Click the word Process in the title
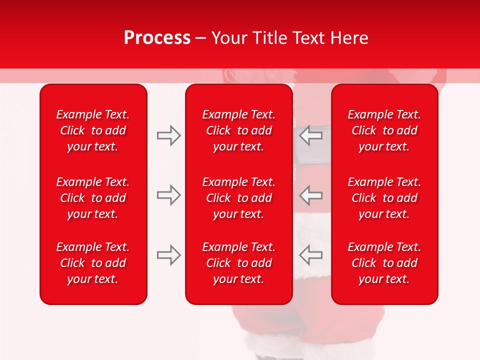(x=157, y=38)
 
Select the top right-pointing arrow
(x=168, y=135)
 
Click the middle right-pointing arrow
(x=168, y=195)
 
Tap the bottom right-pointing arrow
(x=168, y=255)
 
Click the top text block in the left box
(x=93, y=130)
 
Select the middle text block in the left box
(x=93, y=198)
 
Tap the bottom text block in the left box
(x=93, y=263)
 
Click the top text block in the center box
(x=239, y=130)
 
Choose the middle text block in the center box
(x=239, y=198)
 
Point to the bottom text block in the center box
(x=239, y=263)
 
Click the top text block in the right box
(x=384, y=130)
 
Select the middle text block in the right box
(x=384, y=198)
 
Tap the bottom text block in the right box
(x=384, y=263)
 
